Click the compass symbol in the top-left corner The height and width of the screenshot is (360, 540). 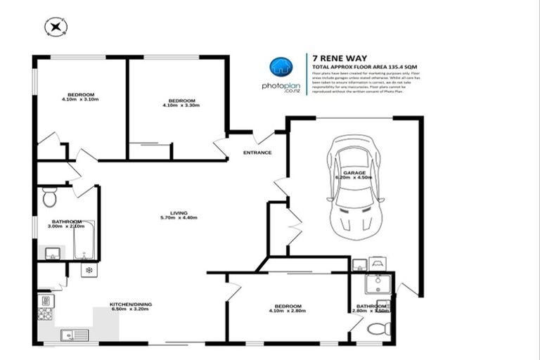(x=55, y=27)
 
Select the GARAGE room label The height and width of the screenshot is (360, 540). (x=354, y=172)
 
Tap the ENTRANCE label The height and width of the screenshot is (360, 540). (x=257, y=153)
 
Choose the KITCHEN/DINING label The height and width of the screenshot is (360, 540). (x=131, y=304)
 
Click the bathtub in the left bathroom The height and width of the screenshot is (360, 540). (x=84, y=240)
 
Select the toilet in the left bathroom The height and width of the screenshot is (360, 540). (x=49, y=198)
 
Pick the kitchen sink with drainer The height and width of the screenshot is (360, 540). (x=73, y=334)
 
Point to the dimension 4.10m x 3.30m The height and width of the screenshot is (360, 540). (x=181, y=105)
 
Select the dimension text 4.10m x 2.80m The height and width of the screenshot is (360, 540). (x=288, y=311)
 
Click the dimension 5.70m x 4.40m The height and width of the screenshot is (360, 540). (x=178, y=217)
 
